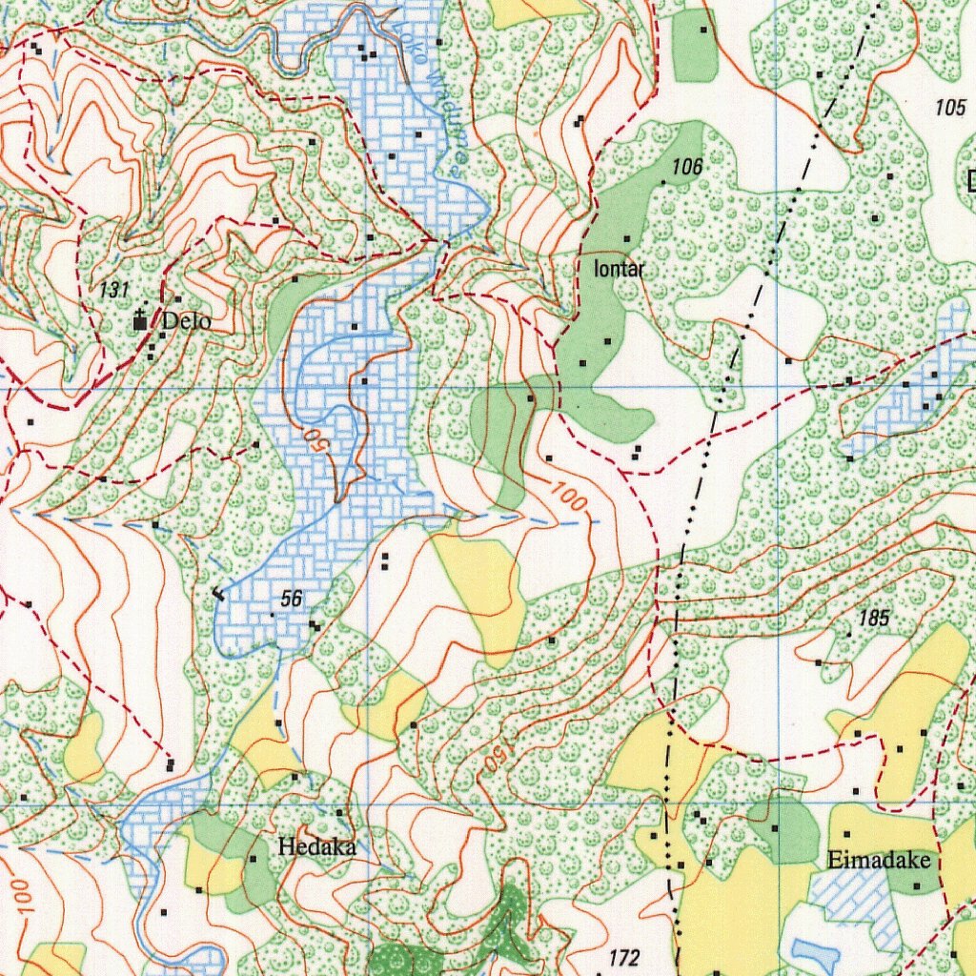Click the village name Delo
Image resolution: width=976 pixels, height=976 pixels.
[186, 321]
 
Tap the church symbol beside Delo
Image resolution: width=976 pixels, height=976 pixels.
[140, 321]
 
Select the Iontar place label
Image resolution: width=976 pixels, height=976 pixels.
[620, 270]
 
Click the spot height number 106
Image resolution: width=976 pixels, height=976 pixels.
[686, 168]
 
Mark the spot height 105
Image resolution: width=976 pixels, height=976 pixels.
[949, 107]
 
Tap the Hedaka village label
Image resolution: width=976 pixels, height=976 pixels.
[316, 846]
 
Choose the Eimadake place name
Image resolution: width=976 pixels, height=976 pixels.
[878, 861]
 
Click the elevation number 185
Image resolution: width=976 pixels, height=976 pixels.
[873, 619]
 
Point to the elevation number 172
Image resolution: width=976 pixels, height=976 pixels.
[624, 957]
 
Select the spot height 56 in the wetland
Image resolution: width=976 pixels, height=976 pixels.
[292, 599]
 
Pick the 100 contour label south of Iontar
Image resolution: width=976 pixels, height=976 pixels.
[570, 496]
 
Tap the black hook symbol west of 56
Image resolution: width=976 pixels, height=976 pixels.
[218, 595]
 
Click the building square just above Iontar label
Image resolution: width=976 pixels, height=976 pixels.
[627, 238]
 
